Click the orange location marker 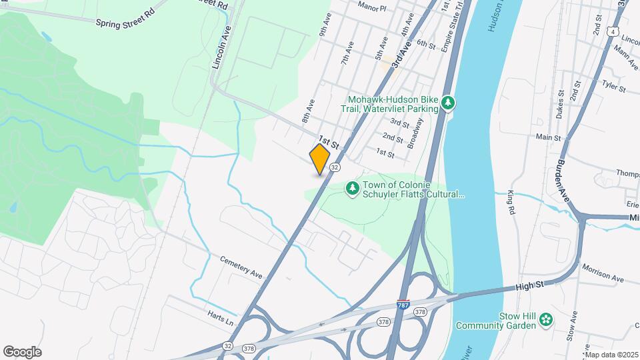320,159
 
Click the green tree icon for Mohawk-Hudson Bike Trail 449,103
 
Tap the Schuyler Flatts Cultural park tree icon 351,189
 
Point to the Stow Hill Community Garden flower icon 546,320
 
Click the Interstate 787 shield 403,303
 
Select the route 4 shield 612,31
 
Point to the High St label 531,286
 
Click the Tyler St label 613,87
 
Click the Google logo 22,351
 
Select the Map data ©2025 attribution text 611,355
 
